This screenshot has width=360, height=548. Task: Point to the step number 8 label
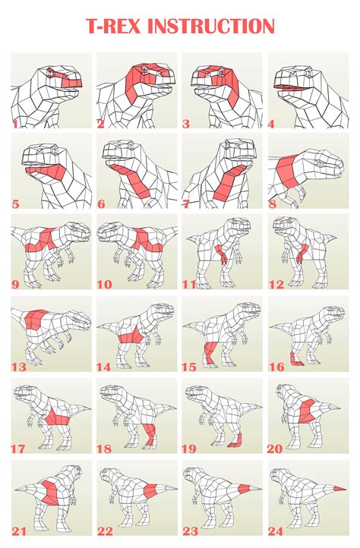coord(273,204)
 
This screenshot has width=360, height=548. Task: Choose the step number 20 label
coord(275,449)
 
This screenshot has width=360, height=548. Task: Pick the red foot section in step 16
coord(295,357)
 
